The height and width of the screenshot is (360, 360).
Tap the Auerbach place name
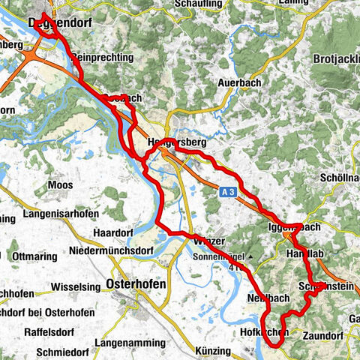tap(238, 82)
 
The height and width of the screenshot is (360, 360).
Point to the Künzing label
tap(221, 351)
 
